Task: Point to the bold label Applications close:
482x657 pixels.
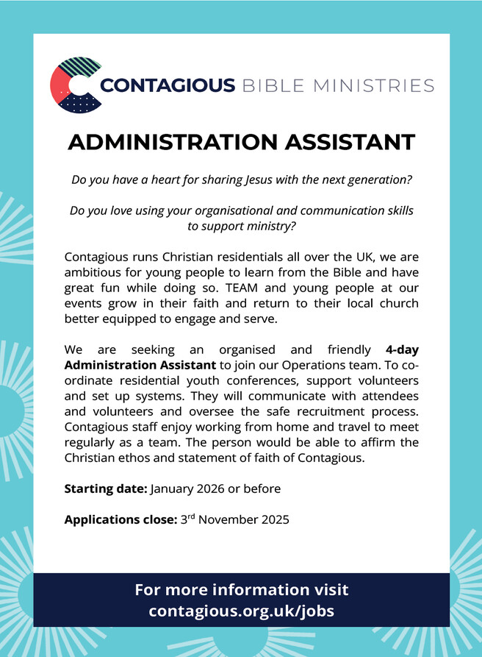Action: [x=120, y=519]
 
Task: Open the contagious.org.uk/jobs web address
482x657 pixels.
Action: [x=241, y=611]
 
